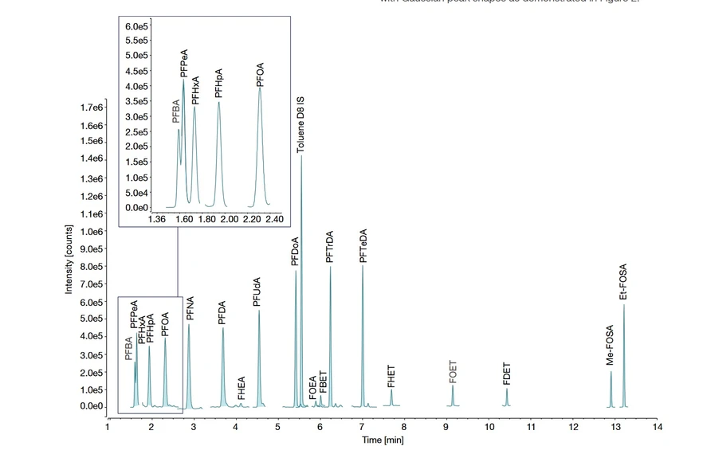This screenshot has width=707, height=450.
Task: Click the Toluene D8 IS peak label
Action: point(300,125)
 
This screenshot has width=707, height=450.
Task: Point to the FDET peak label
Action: point(507,375)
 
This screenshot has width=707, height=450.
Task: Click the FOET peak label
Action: point(453,372)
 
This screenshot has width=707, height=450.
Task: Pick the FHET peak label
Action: point(391,376)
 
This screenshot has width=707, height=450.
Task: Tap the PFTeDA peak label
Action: point(363,246)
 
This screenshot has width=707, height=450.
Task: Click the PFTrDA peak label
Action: point(331,247)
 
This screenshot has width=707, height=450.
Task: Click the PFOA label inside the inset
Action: point(260,75)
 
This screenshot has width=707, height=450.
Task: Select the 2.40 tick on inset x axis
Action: point(274,219)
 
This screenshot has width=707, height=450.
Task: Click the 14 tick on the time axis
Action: point(657,427)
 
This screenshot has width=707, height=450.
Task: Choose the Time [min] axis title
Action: point(383,440)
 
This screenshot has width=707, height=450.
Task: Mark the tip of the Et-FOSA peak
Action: point(624,304)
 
